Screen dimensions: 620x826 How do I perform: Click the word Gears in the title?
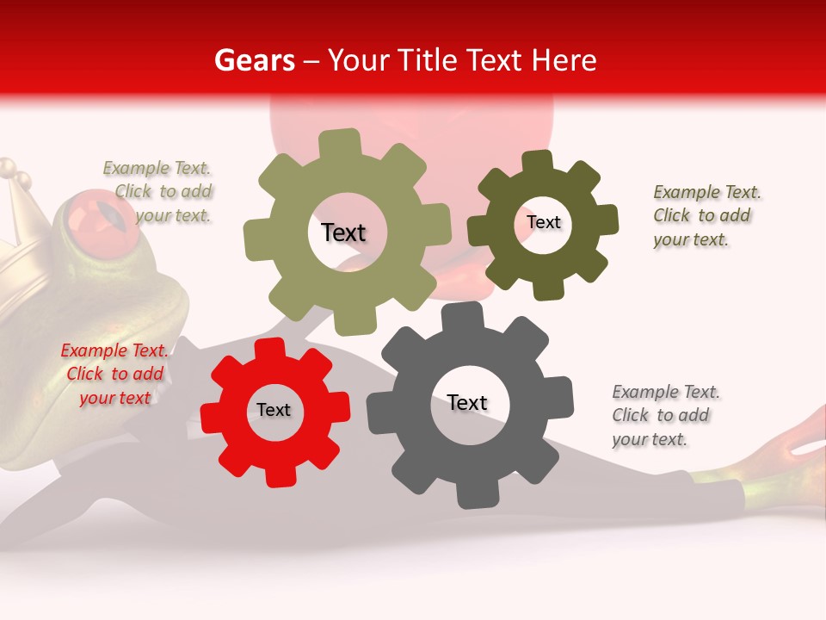coord(254,60)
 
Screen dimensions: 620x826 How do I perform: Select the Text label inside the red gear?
coord(274,411)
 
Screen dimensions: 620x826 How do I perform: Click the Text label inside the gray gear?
coord(467,403)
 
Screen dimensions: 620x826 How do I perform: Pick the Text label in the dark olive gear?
coord(544,222)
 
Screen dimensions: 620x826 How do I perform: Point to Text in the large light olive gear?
coord(343,232)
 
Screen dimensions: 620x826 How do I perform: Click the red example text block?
coord(115,375)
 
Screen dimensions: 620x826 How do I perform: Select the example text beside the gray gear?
coord(666,416)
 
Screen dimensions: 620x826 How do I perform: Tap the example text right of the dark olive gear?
coord(706,216)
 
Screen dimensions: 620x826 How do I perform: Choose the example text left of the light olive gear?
coord(160,192)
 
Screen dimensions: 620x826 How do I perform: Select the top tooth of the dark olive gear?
coord(538,161)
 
